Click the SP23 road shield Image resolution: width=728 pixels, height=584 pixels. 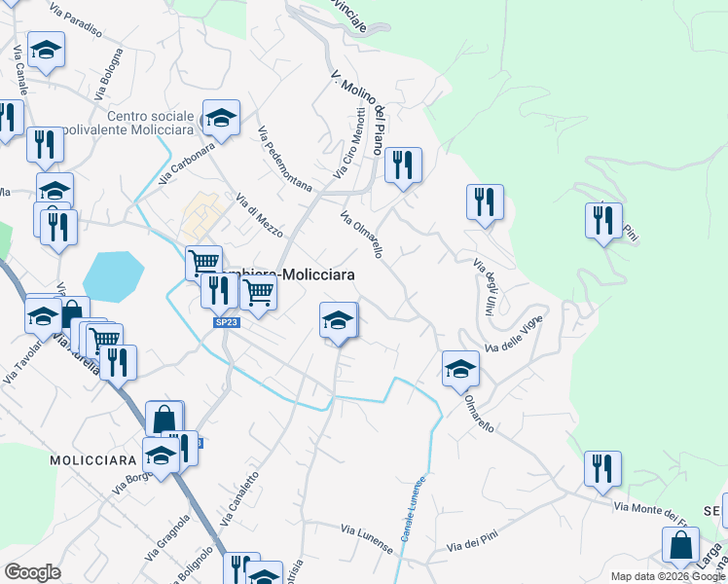pos(223,322)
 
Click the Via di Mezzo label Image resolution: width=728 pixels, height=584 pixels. pos(259,216)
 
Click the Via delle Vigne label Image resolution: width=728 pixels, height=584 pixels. pos(513,334)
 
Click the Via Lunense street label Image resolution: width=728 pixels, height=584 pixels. pos(367,537)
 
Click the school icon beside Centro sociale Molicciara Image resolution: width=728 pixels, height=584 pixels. pos(222,119)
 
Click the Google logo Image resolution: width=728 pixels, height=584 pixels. pos(32,572)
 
